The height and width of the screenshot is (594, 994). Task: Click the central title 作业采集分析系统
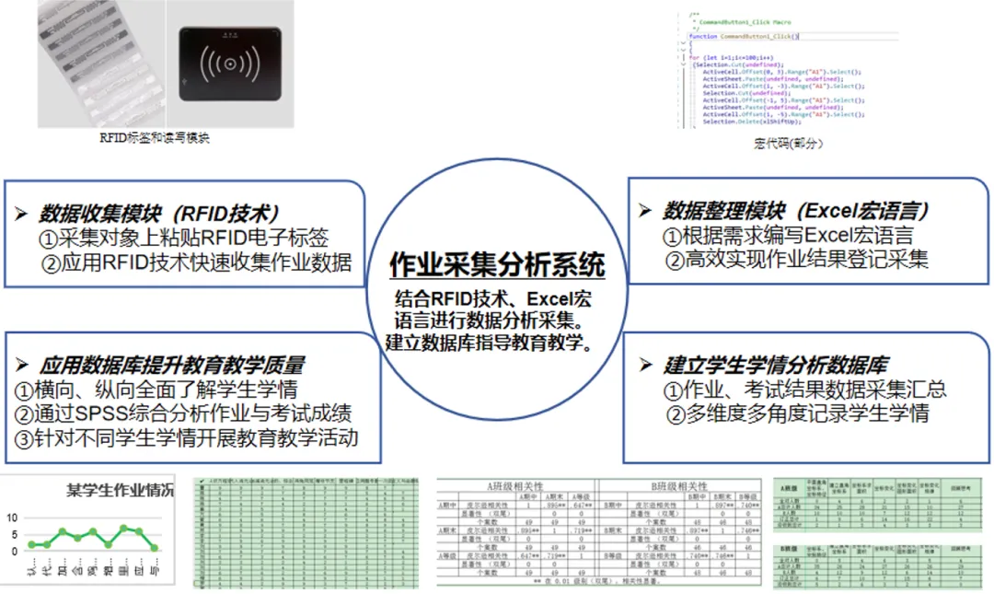pyautogui.click(x=497, y=265)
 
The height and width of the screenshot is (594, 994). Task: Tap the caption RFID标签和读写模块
pyautogui.click(x=154, y=138)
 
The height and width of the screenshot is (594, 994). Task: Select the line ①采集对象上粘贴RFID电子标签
pyautogui.click(x=183, y=238)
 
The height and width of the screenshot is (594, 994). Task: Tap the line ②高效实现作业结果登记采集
pyautogui.click(x=795, y=260)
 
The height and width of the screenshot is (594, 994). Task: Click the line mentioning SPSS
pyautogui.click(x=183, y=413)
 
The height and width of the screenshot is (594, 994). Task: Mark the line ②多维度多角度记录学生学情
pyautogui.click(x=797, y=413)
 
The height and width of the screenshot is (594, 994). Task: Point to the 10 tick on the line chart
pyautogui.click(x=12, y=518)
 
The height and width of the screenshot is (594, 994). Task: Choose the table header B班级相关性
pyautogui.click(x=678, y=485)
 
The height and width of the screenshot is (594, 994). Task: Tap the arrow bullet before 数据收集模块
pyautogui.click(x=21, y=214)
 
